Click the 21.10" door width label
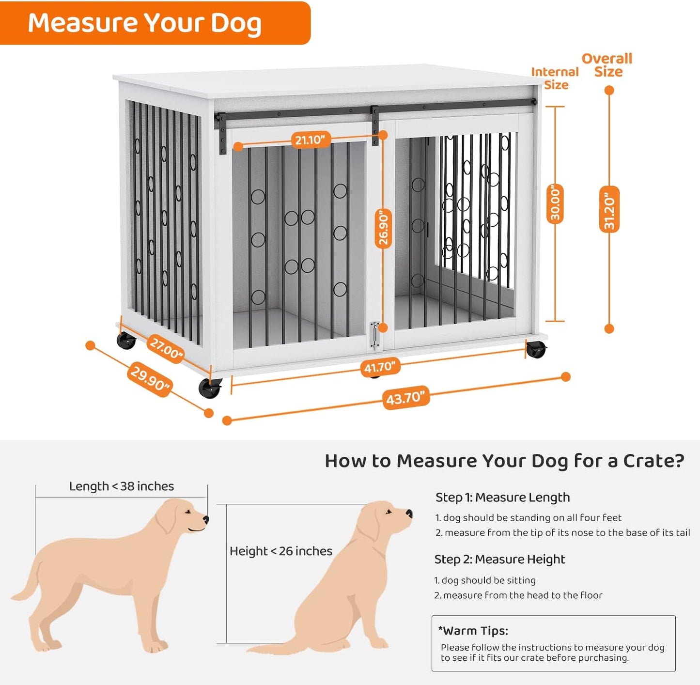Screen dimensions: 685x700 tap(310, 140)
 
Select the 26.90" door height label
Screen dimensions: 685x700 tap(383, 228)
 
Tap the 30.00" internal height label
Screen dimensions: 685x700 tap(555, 203)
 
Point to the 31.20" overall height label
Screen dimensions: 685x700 tap(609, 209)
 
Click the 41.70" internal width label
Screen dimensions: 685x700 tap(380, 367)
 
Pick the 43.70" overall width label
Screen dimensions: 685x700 tap(406, 398)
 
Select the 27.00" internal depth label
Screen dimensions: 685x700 tap(166, 348)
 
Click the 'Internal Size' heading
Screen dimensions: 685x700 tap(555, 78)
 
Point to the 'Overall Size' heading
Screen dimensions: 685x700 tap(607, 65)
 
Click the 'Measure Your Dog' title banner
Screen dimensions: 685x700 tap(145, 23)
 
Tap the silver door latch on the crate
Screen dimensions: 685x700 tap(373, 335)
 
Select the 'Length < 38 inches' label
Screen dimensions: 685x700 tap(121, 486)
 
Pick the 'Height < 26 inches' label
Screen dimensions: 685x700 tap(281, 551)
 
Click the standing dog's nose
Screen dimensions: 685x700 tap(206, 520)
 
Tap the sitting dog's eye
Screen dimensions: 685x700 tap(388, 512)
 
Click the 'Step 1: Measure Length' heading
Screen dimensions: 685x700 tap(502, 498)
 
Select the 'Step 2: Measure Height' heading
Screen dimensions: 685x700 tap(499, 560)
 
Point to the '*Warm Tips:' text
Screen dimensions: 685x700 tap(473, 631)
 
